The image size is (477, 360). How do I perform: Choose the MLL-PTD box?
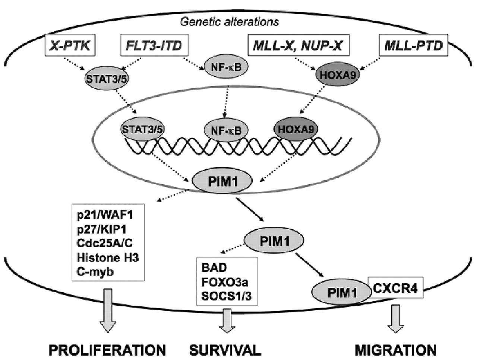click(413, 46)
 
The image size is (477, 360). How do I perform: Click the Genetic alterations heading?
click(229, 22)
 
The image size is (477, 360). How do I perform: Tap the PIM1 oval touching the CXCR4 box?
click(342, 293)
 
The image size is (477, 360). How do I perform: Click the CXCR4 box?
click(395, 288)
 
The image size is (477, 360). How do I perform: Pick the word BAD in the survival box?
click(214, 267)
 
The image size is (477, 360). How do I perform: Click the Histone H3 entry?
click(108, 257)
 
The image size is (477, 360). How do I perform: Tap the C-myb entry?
click(95, 271)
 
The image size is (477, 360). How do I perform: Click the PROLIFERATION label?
click(108, 350)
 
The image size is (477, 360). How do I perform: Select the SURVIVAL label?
click(225, 350)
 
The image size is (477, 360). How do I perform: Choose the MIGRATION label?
click(395, 350)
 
